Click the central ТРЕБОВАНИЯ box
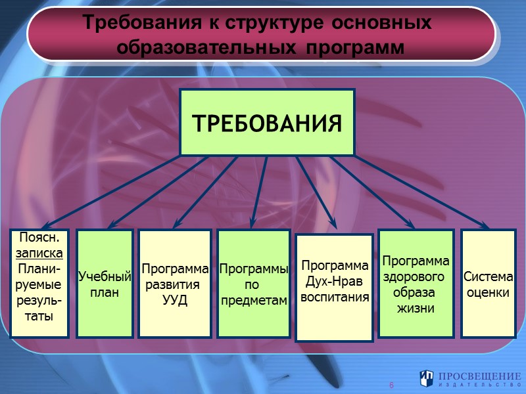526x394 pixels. click(x=267, y=123)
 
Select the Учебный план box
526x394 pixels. click(x=105, y=284)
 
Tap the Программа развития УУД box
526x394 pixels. click(x=175, y=284)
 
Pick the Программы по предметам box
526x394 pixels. click(x=254, y=284)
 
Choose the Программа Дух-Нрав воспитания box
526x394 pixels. click(x=334, y=288)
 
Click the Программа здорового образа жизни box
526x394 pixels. click(x=416, y=282)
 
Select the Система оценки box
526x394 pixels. click(x=489, y=284)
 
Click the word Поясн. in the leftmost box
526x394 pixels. click(x=39, y=237)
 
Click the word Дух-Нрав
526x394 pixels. click(x=334, y=281)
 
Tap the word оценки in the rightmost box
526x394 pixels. click(x=489, y=292)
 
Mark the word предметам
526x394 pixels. click(x=254, y=300)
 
